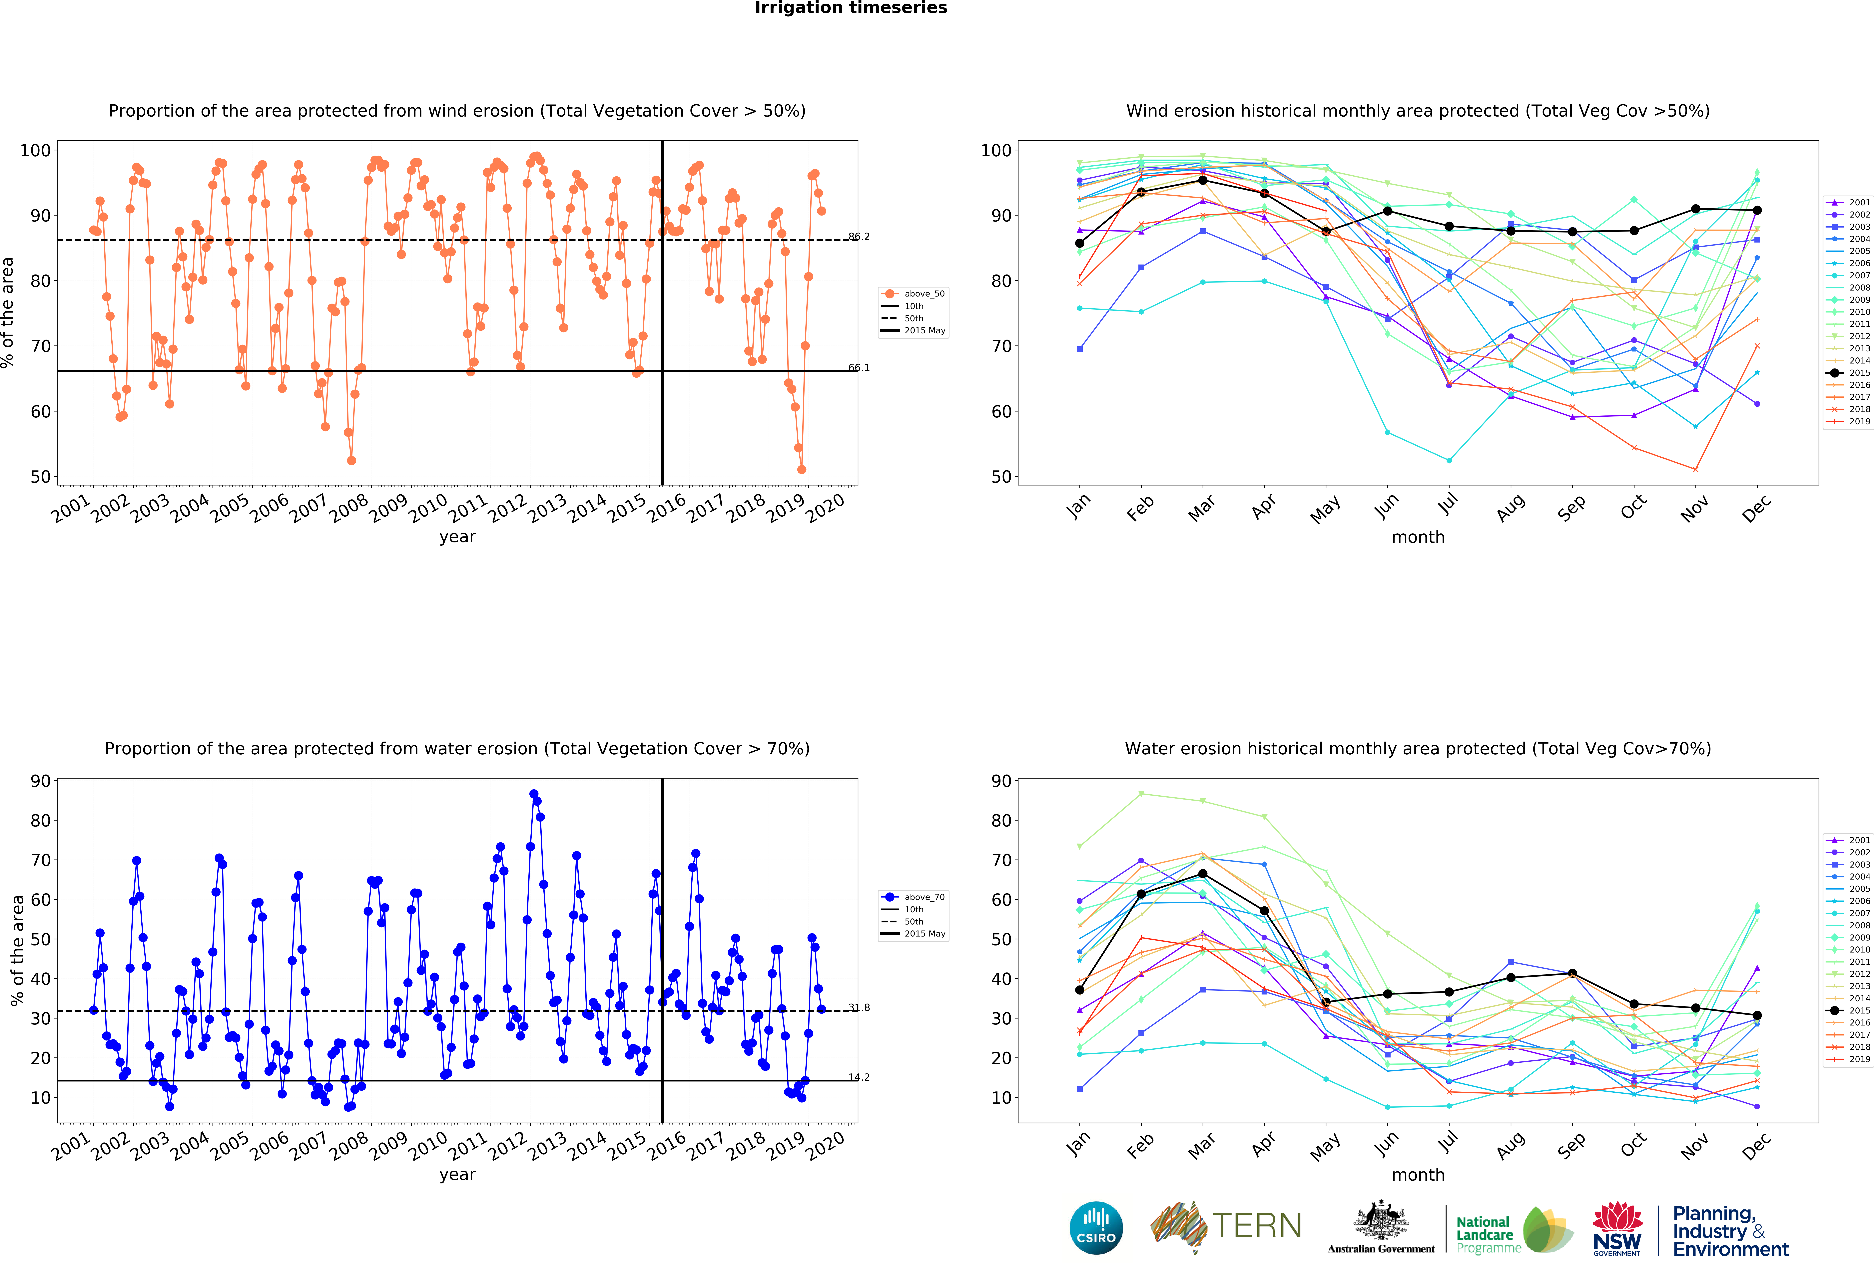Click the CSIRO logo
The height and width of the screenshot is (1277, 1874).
(x=1096, y=1228)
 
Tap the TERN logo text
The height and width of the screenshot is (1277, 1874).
(x=1256, y=1226)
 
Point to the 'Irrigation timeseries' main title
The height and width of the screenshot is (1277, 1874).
(x=851, y=8)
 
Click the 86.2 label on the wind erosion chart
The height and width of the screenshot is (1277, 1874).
(x=859, y=236)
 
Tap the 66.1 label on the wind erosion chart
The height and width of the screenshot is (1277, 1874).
(x=859, y=368)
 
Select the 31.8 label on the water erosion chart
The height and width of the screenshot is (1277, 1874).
(x=859, y=1008)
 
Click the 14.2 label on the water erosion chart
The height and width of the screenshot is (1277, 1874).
(x=859, y=1077)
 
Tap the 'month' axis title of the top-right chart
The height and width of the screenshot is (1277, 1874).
(x=1418, y=537)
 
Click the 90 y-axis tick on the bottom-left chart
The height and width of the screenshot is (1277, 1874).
(x=40, y=781)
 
